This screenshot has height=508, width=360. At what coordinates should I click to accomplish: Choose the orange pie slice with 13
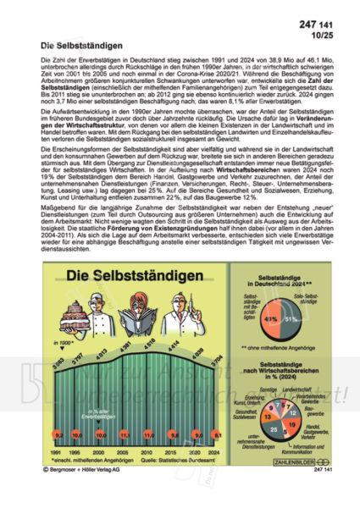click(x=268, y=406)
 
